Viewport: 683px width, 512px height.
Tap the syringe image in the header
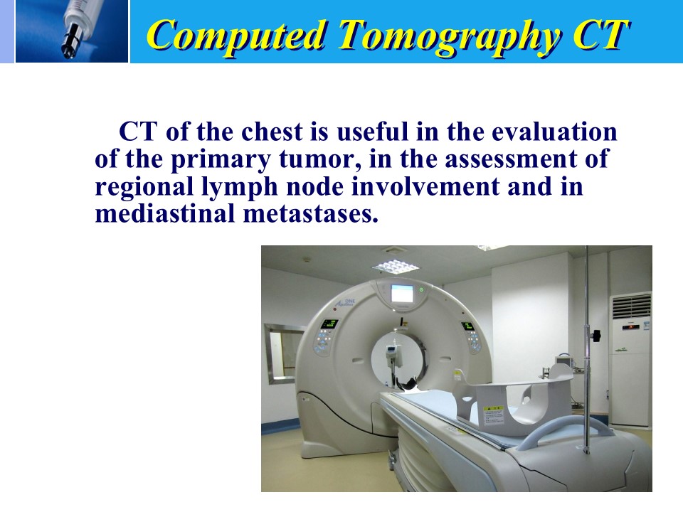point(72,31)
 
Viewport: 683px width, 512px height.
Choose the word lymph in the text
point(240,187)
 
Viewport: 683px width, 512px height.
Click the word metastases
point(311,214)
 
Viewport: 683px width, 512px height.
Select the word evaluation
point(554,132)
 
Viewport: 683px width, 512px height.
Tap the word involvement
point(426,186)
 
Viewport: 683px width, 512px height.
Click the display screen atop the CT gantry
point(401,293)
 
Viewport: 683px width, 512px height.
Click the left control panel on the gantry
point(327,334)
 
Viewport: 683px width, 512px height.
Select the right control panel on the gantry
point(471,335)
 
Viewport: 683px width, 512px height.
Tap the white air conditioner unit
point(630,358)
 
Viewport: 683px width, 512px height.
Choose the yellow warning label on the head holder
point(493,415)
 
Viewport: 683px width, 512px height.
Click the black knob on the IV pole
point(595,335)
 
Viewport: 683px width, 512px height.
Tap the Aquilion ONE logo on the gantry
point(345,303)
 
